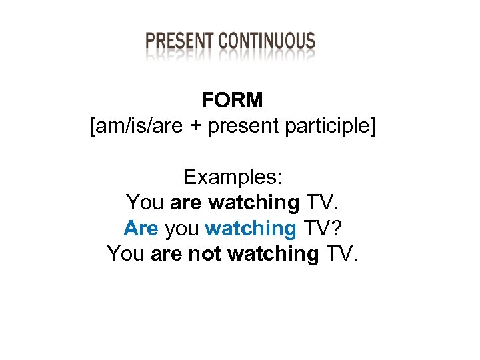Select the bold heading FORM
coord(233,101)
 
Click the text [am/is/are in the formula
coord(131,126)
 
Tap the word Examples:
coord(233,177)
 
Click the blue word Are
coord(141,229)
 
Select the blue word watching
coord(251,229)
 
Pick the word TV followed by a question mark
coord(318,229)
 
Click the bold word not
coord(202,254)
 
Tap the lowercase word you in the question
coord(182,229)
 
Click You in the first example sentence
coord(145,203)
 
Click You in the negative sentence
coord(126,254)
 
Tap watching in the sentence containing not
coord(273,254)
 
